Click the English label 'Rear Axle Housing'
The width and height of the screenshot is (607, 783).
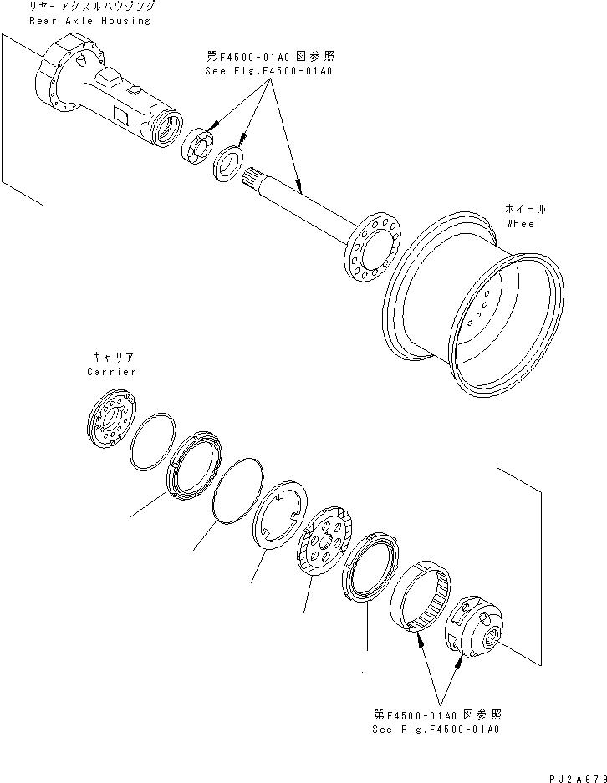pos(89,20)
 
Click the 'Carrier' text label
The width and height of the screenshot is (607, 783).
pos(110,371)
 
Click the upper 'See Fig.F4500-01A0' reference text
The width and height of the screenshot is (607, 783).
pos(268,71)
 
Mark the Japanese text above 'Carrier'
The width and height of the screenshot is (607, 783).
pos(110,357)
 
